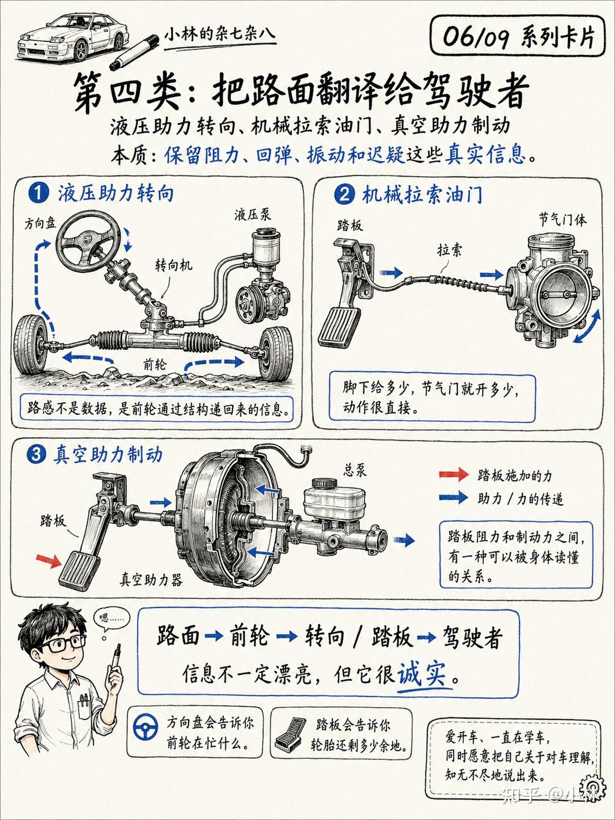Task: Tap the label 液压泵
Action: (253, 215)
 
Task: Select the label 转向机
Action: (174, 265)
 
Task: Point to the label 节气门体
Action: (562, 220)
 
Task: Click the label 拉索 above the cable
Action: (449, 250)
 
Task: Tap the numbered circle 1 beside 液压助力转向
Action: (39, 193)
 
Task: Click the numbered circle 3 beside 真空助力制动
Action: (36, 455)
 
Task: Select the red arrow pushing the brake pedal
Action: (49, 561)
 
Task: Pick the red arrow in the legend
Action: (454, 475)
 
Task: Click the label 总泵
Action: (355, 470)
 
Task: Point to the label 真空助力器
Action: (151, 580)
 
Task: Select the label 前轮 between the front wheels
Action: (155, 364)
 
